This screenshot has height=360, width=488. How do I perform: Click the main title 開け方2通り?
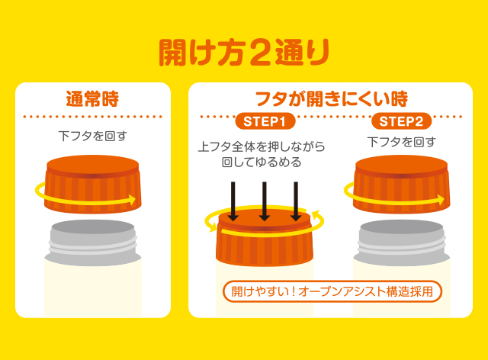pos(244,52)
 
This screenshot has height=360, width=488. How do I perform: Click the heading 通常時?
pos(92,99)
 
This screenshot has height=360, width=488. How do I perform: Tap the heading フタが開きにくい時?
pos(331,99)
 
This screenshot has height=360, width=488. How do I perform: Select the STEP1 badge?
pos(265,121)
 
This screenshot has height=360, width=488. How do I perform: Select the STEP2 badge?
pos(401,121)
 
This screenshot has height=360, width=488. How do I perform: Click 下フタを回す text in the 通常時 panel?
pos(93,136)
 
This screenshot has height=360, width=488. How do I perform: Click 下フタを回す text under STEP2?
pos(402,142)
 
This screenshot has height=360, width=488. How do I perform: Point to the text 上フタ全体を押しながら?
pos(262,146)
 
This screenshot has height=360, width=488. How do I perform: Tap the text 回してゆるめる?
pos(262,162)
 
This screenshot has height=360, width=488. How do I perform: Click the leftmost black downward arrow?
pos(233,201)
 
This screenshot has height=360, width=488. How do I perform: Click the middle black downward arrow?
pos(265,201)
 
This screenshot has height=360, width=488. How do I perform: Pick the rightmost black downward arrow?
pos(296,201)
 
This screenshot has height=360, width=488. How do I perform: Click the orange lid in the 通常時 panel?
pos(93,185)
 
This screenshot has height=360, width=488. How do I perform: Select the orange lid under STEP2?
pos(402,185)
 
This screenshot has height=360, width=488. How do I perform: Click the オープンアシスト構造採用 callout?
pos(332,291)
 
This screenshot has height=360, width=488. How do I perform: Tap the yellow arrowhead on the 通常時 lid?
pos(132,199)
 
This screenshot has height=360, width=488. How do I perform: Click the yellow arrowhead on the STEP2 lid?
pos(441,199)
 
